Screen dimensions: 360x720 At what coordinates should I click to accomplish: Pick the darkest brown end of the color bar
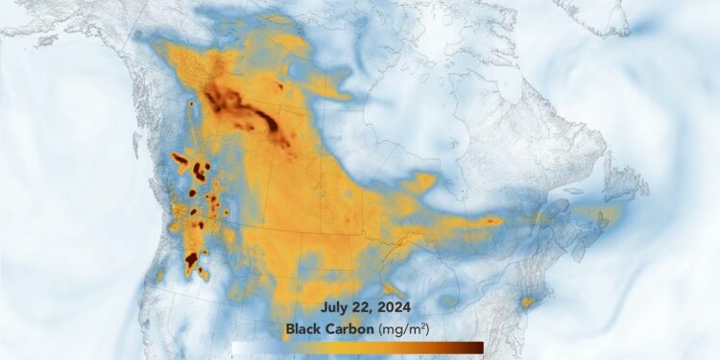pos(477,348)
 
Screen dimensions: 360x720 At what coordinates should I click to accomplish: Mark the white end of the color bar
pos(237,348)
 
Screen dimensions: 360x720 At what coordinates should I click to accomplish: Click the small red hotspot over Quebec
pos(493,221)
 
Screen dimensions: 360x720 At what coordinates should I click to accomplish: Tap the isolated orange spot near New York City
pos(526,302)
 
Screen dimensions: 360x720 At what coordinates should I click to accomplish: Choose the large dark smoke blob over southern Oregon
pos(191,259)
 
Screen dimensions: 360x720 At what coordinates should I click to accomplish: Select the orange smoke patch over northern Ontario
pos(420,180)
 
